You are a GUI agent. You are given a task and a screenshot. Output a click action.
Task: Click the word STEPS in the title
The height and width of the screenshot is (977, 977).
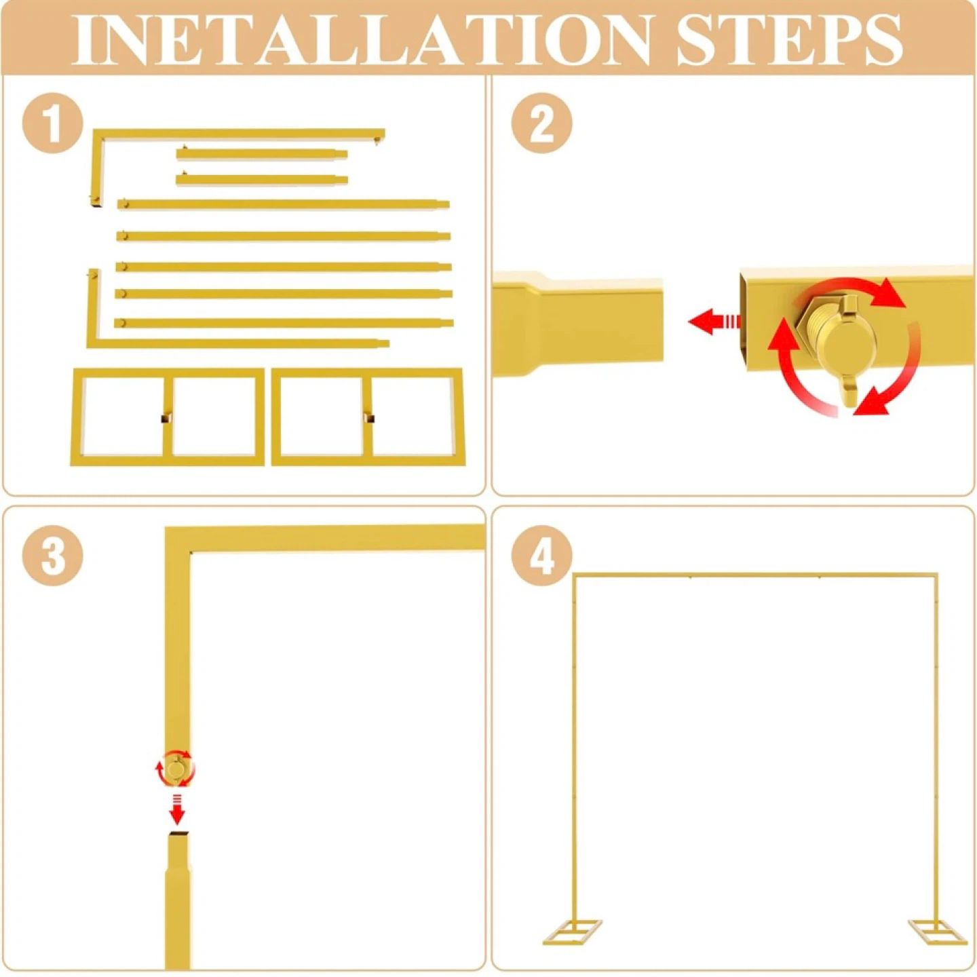tap(789, 39)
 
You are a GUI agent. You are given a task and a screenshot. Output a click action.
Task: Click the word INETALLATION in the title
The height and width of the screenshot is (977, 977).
tap(360, 39)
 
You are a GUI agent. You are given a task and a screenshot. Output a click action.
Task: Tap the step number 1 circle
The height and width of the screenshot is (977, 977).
tap(53, 123)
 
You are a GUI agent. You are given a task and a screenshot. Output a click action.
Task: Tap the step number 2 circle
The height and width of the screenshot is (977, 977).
tap(541, 123)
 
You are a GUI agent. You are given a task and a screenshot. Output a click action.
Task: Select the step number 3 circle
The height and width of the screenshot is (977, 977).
tap(53, 556)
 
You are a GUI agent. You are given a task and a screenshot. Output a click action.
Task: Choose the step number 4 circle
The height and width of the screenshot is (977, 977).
tap(541, 556)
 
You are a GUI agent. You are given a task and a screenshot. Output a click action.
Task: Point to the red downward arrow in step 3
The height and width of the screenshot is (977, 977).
tap(176, 809)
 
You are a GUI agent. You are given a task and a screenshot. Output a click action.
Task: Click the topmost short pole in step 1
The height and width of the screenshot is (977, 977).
tap(262, 153)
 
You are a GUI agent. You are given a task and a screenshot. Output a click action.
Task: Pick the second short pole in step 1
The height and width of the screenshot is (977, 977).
tap(262, 180)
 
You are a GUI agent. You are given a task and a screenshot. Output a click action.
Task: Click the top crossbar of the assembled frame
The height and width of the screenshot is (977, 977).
tap(755, 575)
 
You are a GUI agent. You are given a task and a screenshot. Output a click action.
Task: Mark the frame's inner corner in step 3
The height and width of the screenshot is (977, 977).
tap(191, 552)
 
